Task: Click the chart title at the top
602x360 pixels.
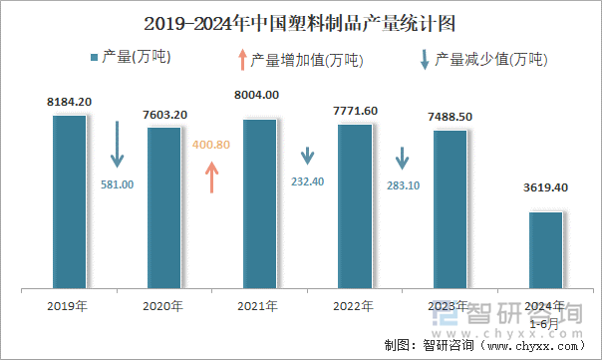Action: (301, 22)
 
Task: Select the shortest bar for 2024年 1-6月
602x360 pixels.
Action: (545, 250)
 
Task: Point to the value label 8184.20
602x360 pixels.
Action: (69, 102)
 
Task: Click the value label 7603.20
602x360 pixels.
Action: (164, 115)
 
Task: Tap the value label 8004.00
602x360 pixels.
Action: (259, 95)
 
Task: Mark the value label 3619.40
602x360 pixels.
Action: (545, 186)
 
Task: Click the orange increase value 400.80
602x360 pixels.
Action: (211, 145)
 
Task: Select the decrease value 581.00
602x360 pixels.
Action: (117, 183)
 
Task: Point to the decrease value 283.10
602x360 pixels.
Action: (403, 183)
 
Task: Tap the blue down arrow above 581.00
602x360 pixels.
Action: (117, 145)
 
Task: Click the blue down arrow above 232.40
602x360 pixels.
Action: (307, 157)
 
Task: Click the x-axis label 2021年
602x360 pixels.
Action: (259, 305)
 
